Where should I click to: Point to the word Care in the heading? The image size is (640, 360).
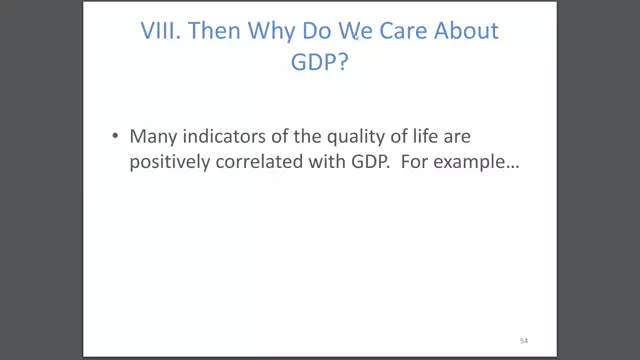click(395, 31)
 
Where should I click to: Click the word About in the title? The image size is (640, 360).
click(465, 31)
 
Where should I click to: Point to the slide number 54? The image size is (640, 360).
click(522, 341)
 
